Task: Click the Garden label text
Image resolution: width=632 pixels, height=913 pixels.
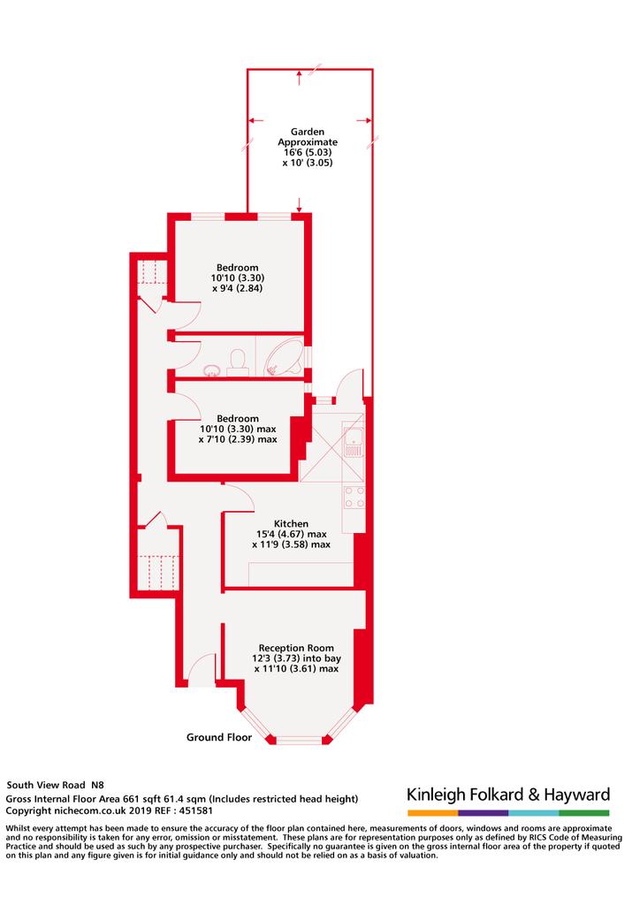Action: coord(307,133)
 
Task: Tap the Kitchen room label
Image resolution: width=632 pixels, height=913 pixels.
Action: coord(291,524)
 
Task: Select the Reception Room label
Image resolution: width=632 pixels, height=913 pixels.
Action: coord(296,648)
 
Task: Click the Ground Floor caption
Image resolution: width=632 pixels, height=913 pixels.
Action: coord(219,737)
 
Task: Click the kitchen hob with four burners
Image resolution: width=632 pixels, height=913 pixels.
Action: coord(354,497)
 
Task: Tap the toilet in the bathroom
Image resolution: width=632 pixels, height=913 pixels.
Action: coord(238,359)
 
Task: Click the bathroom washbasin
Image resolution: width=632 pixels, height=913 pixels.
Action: coord(210,369)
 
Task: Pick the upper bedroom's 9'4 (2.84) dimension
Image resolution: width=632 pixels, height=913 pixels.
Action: coord(237,288)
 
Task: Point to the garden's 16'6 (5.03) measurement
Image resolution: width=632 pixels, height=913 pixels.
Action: coord(307,153)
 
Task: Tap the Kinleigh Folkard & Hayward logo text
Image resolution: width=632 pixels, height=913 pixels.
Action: coord(508,795)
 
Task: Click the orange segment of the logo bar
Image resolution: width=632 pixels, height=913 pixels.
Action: coord(433,813)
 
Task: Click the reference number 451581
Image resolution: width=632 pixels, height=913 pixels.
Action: coord(196,810)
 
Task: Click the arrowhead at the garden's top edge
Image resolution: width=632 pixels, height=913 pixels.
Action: coord(300,73)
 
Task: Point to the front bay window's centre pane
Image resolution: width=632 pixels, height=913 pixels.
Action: coord(299,741)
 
